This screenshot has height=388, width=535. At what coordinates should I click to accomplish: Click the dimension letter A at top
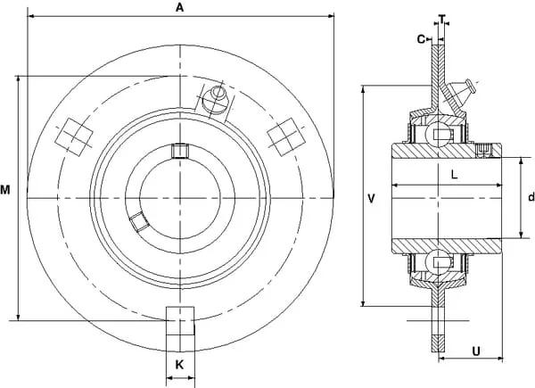(179, 7)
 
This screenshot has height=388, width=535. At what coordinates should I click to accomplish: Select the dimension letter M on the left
(5, 190)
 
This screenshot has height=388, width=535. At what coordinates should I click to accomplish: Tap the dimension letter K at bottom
(179, 365)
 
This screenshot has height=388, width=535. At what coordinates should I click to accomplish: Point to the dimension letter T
(442, 19)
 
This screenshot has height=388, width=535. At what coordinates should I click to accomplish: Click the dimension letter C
(422, 39)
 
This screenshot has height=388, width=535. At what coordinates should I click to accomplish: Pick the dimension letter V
(372, 198)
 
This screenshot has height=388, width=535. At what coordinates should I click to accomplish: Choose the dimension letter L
(454, 175)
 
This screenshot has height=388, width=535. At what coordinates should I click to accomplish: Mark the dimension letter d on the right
(531, 197)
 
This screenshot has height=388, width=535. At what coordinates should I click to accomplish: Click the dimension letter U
(476, 351)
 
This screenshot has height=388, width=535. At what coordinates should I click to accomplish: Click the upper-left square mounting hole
(74, 137)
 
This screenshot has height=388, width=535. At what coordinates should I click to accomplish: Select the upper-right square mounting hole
(286, 137)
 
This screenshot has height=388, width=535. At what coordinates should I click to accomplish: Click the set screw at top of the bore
(180, 151)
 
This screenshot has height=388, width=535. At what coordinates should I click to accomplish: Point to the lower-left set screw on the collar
(138, 221)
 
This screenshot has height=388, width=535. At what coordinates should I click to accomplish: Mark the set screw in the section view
(484, 151)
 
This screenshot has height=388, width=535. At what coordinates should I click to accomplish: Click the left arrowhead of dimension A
(30, 16)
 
